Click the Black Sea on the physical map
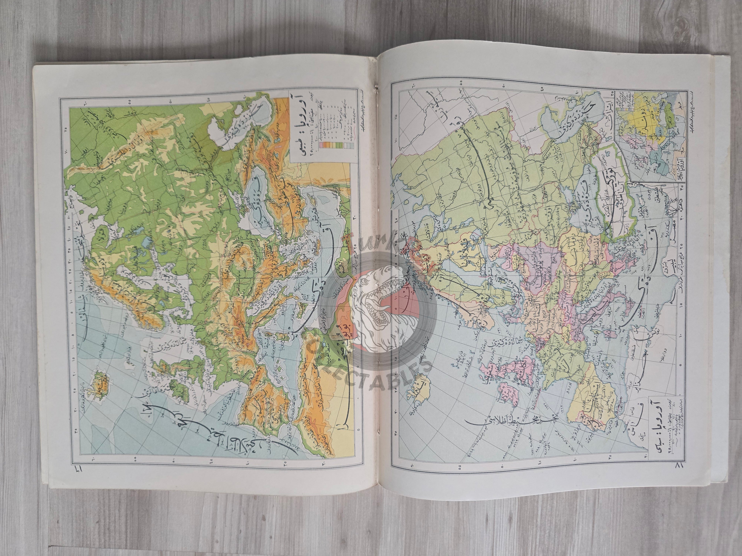(x=260, y=198)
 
